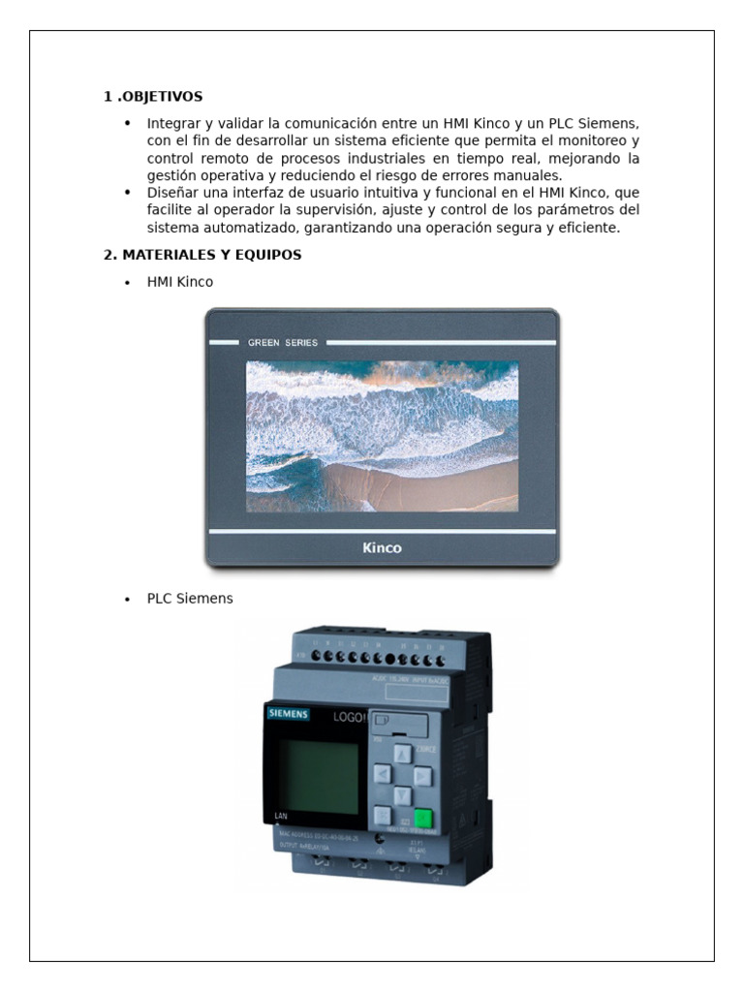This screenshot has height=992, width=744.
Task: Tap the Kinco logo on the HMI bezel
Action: coord(382,548)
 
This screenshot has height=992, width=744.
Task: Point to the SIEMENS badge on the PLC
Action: coord(288,715)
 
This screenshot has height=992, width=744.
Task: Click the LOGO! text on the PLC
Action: coord(349,718)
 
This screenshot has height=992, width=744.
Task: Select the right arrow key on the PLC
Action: coord(421,775)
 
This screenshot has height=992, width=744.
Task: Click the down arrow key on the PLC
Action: coord(402,796)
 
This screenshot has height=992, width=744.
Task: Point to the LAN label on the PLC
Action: coord(282,816)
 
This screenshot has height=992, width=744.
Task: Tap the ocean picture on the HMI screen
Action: coord(382,436)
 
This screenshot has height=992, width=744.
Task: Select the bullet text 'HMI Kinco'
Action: coord(180,282)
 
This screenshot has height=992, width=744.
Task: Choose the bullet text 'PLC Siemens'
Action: coord(190,599)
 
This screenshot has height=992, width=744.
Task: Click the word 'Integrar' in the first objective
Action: coord(172,124)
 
